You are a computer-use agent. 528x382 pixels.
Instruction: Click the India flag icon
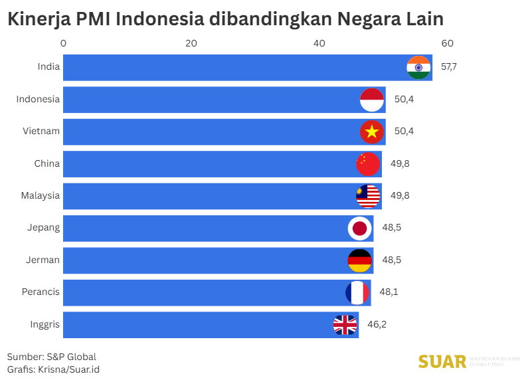coord(418,68)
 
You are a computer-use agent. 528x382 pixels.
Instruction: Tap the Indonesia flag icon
coord(372,100)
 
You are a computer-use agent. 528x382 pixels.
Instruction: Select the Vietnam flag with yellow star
coord(372,132)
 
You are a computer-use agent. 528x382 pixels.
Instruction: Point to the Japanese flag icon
coord(359,229)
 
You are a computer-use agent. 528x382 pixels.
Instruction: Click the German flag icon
coord(359,260)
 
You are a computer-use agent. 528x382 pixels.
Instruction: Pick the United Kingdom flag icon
coord(345,325)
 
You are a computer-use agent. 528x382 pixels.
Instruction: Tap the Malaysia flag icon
coord(368,196)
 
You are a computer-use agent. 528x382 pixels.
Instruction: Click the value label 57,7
coord(449,68)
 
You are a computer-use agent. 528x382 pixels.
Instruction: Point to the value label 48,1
coord(389,292)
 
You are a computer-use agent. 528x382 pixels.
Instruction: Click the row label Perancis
coord(41,292)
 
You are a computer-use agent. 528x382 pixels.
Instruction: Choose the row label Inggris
coord(44,325)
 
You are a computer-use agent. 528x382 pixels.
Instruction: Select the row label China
coord(46,163)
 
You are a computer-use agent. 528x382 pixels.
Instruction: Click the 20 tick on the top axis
coord(191,43)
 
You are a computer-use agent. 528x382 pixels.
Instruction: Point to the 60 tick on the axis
coord(447,43)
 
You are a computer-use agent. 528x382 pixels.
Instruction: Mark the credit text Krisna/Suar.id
coord(68,369)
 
